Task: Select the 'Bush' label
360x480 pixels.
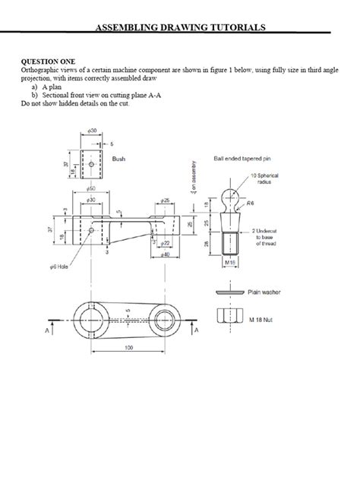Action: [118, 160]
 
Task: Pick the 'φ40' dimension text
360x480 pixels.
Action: [165, 254]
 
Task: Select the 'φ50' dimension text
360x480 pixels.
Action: [90, 186]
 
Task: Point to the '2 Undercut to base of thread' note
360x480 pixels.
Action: [267, 238]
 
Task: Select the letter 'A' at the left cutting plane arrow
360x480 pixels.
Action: [49, 331]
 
